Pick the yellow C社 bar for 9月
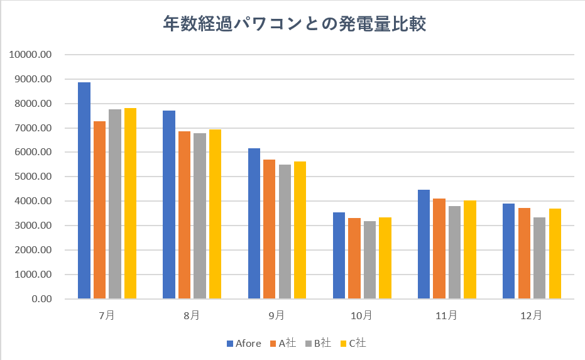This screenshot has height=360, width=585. point(300,230)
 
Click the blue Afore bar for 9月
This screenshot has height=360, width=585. point(254,224)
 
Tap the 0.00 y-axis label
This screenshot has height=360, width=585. point(41,299)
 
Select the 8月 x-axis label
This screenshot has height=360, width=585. point(192,315)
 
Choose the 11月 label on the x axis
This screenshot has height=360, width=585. point(447,315)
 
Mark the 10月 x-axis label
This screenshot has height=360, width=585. point(361,315)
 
